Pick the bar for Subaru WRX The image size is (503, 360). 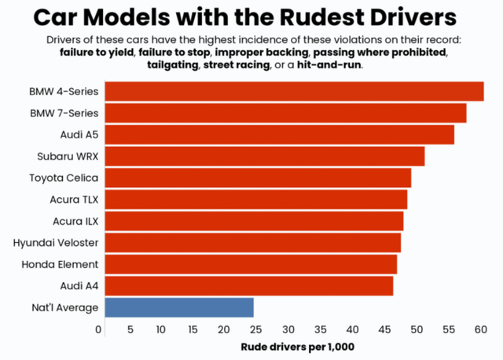[264, 156]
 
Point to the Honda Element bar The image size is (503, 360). [250, 264]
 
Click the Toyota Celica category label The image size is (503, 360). [64, 178]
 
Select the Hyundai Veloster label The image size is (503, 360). [56, 243]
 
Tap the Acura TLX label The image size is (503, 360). [75, 199]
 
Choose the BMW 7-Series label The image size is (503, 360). [64, 113]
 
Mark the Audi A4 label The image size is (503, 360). [79, 285]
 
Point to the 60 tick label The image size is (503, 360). [479, 329]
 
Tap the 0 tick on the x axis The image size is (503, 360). [99, 329]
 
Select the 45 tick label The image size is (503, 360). [384, 329]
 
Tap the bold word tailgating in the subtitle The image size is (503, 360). [172, 64]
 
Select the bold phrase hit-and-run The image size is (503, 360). [329, 64]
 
